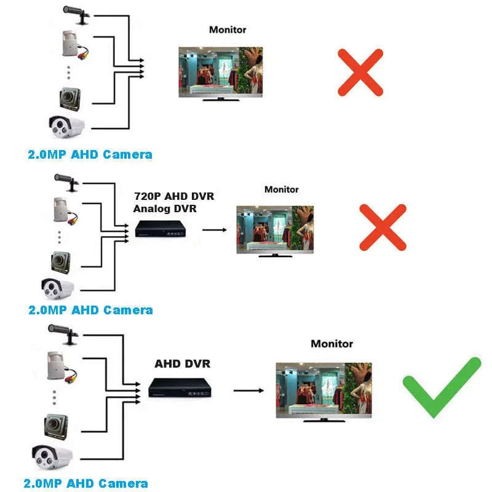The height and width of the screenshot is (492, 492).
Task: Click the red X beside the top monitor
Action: click(360, 73)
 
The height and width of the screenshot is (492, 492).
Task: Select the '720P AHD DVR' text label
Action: click(174, 196)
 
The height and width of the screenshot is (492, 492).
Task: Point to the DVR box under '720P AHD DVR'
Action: click(161, 230)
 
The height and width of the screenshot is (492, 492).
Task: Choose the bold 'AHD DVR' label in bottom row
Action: click(182, 363)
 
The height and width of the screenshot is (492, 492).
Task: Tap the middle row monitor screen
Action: click(274, 229)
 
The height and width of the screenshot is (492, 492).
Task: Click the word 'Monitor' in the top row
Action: click(228, 30)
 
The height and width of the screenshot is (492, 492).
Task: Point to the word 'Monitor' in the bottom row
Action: click(331, 344)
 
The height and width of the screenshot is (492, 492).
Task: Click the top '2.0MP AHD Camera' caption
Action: click(90, 154)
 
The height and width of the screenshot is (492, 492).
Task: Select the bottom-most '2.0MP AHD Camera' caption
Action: click(85, 484)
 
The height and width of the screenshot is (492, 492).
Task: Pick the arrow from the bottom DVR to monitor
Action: click(248, 390)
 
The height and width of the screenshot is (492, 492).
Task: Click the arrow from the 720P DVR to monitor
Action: click(212, 230)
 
